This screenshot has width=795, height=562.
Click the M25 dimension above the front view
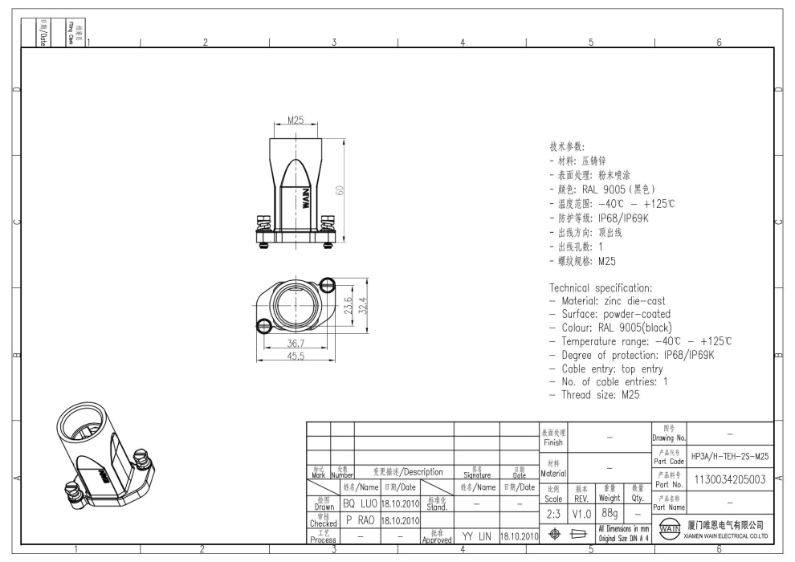coord(295,120)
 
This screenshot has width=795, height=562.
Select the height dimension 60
coord(340,190)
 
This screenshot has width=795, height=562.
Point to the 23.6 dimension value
coord(348,307)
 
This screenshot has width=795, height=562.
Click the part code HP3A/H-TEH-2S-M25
coord(730,456)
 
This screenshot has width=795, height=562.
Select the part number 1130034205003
coord(730,479)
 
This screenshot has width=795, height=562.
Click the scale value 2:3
coord(553,512)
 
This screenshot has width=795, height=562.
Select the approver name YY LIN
coord(476,536)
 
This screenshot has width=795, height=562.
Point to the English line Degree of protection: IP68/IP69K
coord(631,354)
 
